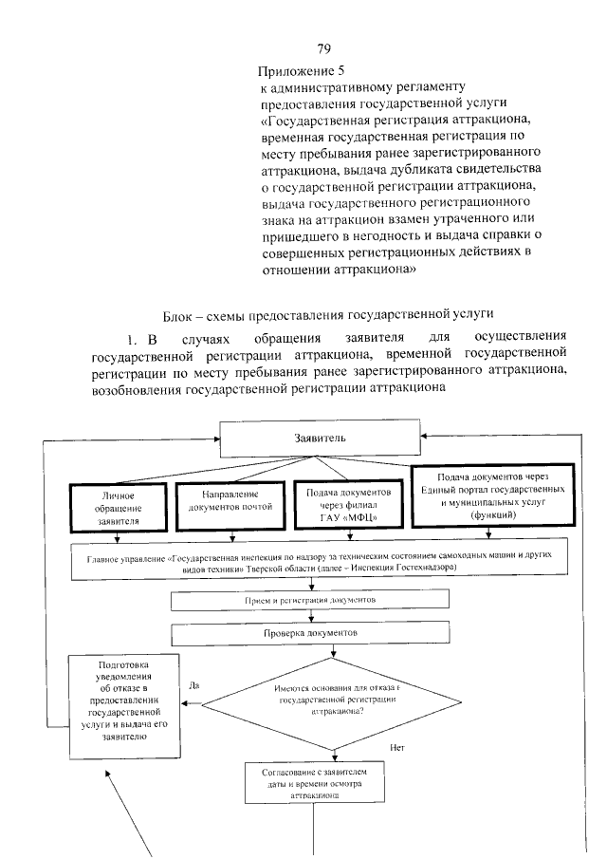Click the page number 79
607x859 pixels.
(322, 49)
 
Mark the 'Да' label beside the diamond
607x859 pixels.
(193, 684)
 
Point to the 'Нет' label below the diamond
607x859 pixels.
(397, 748)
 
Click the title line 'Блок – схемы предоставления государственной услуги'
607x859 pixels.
(322, 316)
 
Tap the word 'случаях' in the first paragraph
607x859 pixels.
(201, 339)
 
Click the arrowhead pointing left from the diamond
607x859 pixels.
(188, 704)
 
